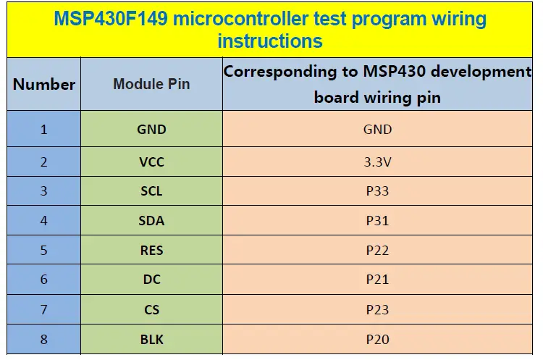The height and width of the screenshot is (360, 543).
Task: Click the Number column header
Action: (43, 84)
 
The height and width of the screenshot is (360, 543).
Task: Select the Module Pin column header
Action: (151, 84)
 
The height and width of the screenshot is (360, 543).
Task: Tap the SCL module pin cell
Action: (151, 191)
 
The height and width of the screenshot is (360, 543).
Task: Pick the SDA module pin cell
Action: (151, 221)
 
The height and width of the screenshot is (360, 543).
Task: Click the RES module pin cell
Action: (151, 251)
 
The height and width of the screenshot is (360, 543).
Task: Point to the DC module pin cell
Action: (151, 280)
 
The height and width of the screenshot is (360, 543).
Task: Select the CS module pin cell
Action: (151, 309)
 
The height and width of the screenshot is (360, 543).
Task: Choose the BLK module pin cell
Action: (151, 339)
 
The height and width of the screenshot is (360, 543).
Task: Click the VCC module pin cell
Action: (151, 162)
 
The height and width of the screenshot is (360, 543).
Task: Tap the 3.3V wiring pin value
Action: (377, 162)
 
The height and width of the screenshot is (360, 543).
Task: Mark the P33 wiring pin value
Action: (377, 191)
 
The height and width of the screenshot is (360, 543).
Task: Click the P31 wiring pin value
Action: (377, 221)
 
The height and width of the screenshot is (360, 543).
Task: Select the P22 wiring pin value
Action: (377, 251)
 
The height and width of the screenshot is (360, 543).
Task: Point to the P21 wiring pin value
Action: (377, 280)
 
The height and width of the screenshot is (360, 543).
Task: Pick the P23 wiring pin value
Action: (377, 309)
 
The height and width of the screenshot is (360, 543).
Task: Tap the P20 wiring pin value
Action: (377, 339)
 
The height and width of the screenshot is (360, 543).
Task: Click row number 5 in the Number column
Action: (43, 251)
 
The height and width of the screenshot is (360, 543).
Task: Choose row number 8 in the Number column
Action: (43, 339)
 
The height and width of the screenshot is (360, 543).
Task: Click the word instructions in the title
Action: (270, 41)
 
